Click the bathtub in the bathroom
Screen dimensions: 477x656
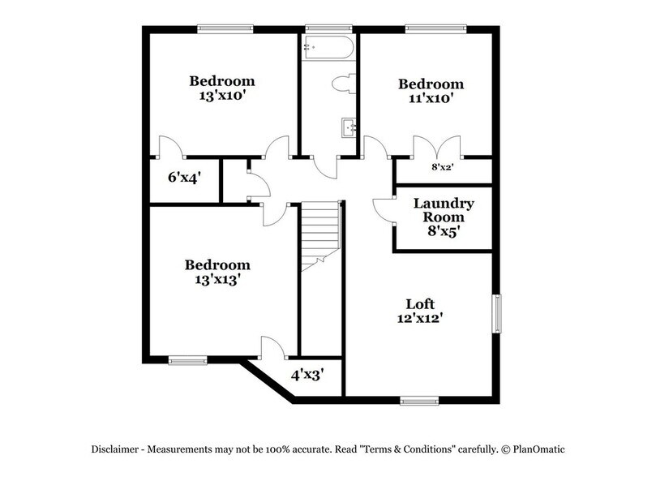(328, 47)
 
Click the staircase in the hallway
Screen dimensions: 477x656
(319, 236)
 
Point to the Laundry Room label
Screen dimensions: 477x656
(444, 210)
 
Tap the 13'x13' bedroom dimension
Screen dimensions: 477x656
(217, 278)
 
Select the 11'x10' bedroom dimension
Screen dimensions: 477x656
(431, 98)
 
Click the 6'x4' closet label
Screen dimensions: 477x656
(184, 176)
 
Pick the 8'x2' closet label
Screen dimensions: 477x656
(442, 168)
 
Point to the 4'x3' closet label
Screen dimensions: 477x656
(308, 375)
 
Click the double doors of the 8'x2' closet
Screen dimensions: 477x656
(438, 148)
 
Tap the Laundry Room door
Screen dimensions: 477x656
(382, 210)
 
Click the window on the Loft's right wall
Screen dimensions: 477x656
(498, 313)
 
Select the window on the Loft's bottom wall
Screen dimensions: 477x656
(419, 399)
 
